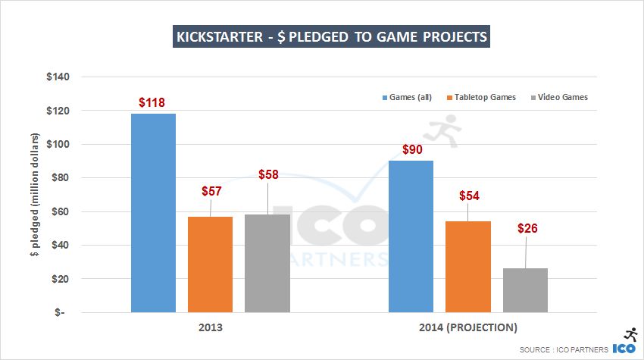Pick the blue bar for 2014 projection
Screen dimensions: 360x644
tap(411, 236)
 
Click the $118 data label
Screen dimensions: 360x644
tap(152, 102)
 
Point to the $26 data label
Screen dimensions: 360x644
tap(527, 227)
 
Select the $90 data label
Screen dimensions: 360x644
tap(411, 149)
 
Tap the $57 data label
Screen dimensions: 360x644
tap(211, 191)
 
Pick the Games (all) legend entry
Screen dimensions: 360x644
tap(412, 97)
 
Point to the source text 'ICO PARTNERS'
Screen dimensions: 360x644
tap(577, 349)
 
